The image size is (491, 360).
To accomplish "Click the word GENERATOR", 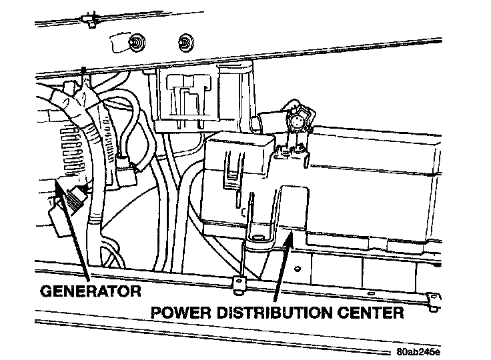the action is (x=91, y=291).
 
